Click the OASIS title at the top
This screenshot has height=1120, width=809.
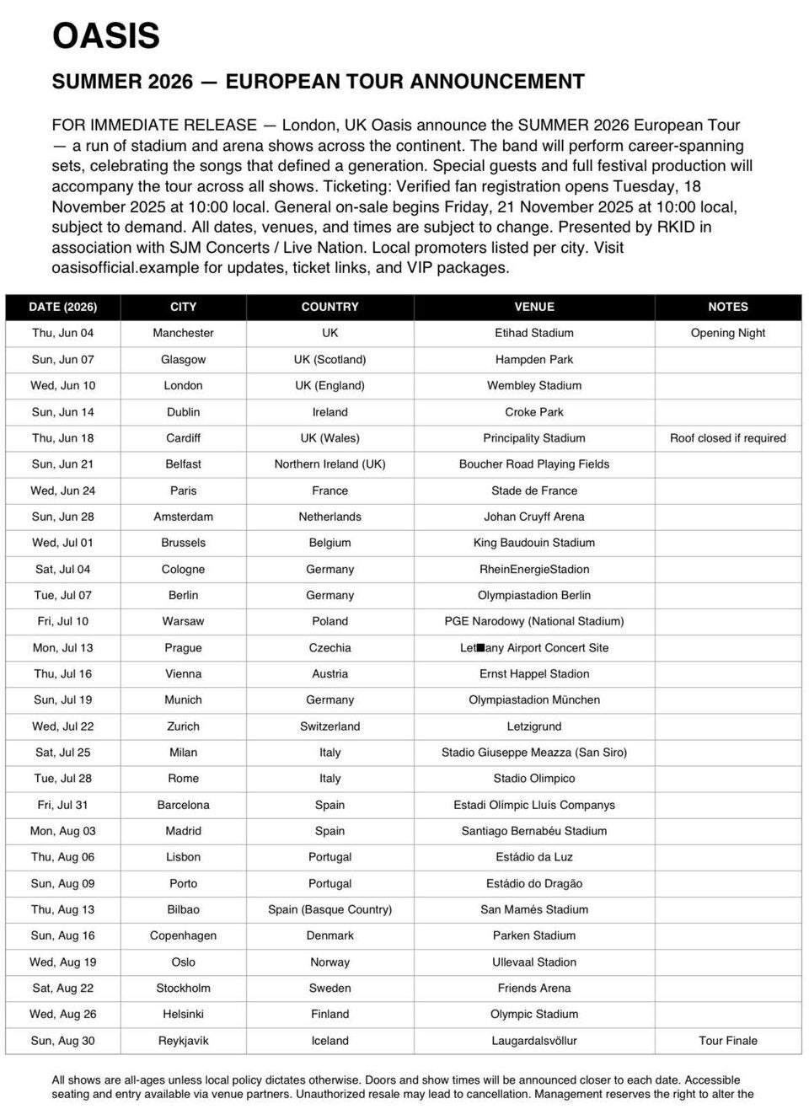[106, 37]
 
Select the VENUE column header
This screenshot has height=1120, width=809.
[534, 307]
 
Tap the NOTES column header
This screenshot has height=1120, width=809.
[728, 307]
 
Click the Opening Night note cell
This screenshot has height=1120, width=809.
[728, 333]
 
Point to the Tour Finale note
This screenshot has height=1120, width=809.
[728, 1041]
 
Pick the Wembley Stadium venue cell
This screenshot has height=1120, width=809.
[534, 385]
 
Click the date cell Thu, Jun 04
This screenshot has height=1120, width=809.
[63, 333]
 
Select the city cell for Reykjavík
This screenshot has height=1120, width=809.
[183, 1041]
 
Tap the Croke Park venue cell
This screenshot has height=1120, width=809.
[534, 412]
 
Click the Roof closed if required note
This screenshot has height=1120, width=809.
[728, 438]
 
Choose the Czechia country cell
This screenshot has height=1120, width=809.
[329, 648]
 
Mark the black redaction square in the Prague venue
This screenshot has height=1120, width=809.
[481, 648]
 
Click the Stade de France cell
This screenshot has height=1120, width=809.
[534, 490]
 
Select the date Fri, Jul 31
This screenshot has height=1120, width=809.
[63, 805]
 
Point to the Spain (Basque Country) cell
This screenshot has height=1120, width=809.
[329, 909]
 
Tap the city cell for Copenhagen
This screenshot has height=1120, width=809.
[183, 935]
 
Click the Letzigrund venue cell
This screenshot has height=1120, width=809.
[534, 726]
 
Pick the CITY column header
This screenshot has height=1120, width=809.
[183, 307]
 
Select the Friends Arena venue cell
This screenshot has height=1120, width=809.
[534, 988]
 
